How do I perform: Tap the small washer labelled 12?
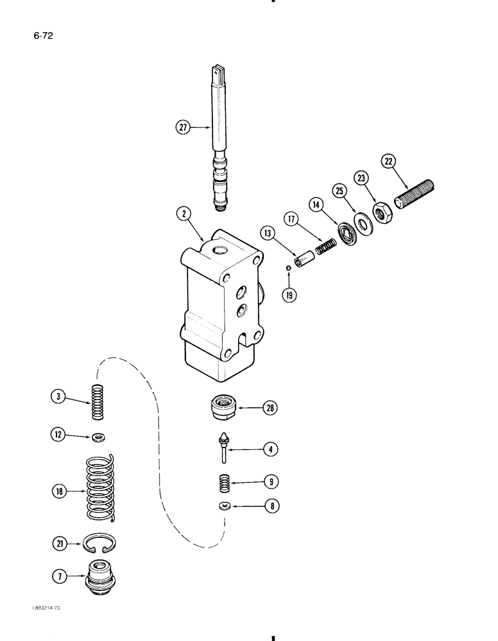[99, 437]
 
